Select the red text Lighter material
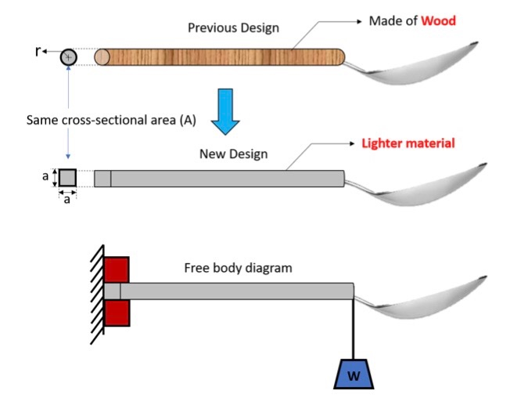[408, 143]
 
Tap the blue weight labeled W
[354, 374]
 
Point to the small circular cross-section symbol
[69, 56]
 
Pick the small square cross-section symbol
[68, 178]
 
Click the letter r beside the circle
[38, 52]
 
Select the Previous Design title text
[233, 28]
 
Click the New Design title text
[233, 154]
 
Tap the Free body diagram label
[238, 268]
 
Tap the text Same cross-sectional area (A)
[110, 120]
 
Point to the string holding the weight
[354, 329]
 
